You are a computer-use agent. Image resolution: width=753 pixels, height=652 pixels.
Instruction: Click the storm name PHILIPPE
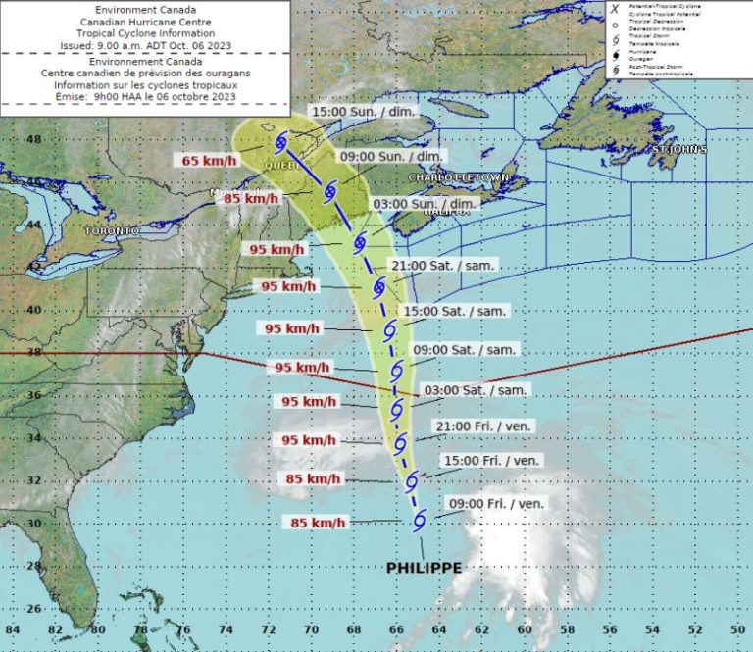point(424,568)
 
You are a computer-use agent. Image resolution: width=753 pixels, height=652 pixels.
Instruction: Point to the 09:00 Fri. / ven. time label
point(495,504)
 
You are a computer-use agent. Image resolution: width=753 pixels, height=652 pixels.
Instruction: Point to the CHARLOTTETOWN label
point(459,178)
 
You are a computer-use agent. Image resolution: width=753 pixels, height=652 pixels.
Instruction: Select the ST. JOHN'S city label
point(680,150)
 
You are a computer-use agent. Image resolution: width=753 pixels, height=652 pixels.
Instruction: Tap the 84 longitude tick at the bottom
point(12,629)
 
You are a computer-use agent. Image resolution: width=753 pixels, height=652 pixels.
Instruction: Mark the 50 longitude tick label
point(736,629)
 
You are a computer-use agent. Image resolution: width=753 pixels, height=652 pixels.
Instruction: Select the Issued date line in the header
point(145,45)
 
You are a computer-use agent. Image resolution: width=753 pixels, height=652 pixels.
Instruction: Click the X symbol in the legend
point(614,7)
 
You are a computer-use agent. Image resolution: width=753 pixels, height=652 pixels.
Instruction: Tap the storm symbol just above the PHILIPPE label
point(419,521)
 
